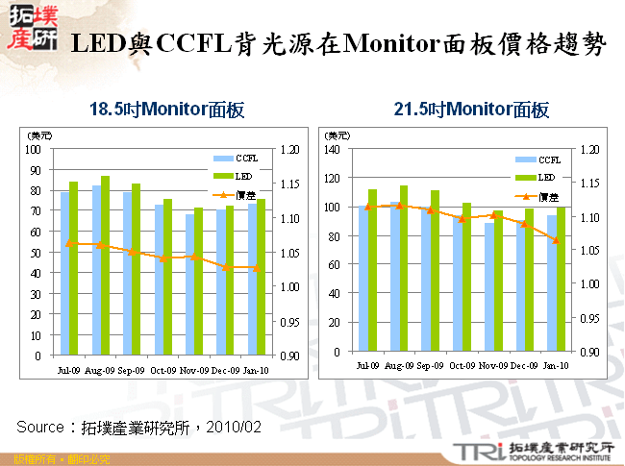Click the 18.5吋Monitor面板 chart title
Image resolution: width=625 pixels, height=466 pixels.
(x=165, y=110)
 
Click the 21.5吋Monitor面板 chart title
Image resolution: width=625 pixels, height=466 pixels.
(x=471, y=110)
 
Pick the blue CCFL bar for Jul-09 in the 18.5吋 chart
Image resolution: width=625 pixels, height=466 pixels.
(x=64, y=273)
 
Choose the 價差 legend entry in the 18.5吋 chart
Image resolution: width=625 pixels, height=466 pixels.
(x=235, y=195)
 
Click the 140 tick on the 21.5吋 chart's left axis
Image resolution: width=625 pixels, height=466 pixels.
(x=332, y=149)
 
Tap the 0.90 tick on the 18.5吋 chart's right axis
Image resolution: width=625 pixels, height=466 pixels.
(x=289, y=356)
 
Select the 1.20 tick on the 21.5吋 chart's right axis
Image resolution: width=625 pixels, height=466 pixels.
(x=588, y=149)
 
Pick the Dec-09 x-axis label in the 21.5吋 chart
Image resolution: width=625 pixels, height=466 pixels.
(x=523, y=366)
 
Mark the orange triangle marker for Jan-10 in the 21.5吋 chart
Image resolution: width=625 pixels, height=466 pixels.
(x=557, y=239)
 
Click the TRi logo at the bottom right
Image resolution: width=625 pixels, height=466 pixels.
(x=470, y=450)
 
